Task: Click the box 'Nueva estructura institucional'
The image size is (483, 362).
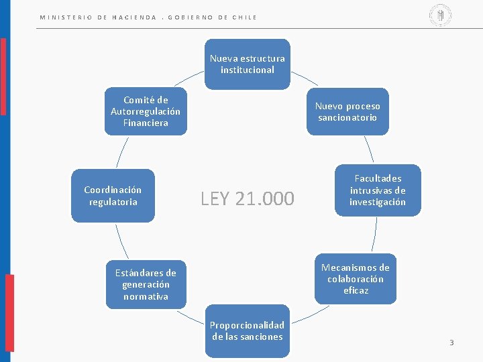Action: (x=247, y=64)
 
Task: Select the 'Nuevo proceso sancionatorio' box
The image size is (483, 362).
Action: (x=347, y=112)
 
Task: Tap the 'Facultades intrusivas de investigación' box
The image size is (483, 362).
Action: (x=378, y=190)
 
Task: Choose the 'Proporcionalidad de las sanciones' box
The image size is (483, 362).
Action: (x=248, y=331)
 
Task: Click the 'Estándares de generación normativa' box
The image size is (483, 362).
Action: (x=146, y=284)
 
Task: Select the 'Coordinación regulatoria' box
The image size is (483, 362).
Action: (x=113, y=196)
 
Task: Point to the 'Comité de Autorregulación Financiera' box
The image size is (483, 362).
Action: (x=146, y=111)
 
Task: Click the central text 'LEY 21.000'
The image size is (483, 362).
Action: (x=247, y=198)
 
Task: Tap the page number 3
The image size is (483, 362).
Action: (x=451, y=343)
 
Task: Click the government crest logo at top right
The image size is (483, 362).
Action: (x=441, y=15)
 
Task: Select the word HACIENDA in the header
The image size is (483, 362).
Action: (x=134, y=17)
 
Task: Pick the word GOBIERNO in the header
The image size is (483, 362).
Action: (x=190, y=17)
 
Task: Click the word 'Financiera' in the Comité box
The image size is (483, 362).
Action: (x=146, y=123)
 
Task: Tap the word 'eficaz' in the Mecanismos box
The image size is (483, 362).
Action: (x=356, y=291)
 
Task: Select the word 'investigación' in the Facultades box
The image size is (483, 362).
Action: (x=378, y=202)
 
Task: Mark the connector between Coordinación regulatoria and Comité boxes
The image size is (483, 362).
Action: (x=121, y=152)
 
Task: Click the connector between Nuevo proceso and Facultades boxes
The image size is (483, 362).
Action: (x=368, y=149)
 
